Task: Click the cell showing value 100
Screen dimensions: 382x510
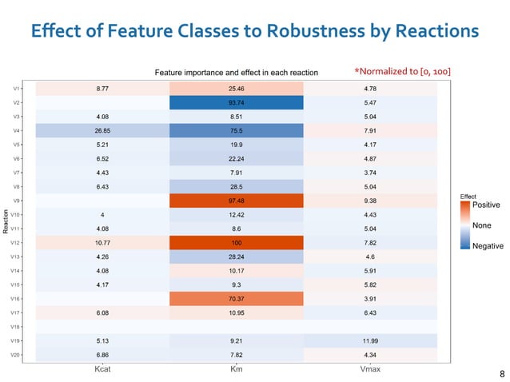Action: [237, 242]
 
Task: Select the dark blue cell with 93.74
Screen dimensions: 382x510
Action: [237, 102]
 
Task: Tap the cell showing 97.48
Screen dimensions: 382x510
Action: [237, 201]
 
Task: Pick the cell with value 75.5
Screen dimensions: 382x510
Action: [237, 130]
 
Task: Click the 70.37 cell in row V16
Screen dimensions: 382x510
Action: [237, 298]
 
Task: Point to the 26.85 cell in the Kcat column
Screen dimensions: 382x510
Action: [102, 130]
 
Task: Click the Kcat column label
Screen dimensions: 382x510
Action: [102, 369]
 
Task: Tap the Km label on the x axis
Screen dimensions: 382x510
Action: [237, 369]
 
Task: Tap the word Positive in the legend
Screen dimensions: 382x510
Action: [487, 205]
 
